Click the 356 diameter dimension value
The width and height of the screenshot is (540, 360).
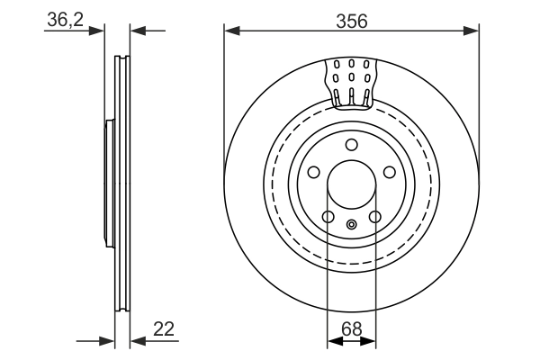point(351,20)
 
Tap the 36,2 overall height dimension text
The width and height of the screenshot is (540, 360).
point(64,20)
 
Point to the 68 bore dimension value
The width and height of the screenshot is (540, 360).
point(351,329)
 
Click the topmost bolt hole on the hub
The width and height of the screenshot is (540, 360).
point(351,146)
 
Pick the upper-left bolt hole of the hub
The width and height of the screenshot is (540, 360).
point(313,173)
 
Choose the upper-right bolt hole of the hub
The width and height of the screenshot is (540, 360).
point(389,173)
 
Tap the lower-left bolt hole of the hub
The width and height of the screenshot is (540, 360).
point(328,216)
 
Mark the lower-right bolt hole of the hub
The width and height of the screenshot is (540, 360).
point(374,216)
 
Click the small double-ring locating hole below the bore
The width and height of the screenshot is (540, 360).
point(351,224)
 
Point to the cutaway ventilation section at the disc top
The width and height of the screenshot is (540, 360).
point(351,81)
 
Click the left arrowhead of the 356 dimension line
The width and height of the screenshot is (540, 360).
point(230,31)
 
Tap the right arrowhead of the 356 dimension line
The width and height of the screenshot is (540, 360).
point(472,31)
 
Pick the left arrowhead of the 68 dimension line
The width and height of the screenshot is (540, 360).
point(333,341)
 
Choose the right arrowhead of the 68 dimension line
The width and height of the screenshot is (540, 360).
point(369,341)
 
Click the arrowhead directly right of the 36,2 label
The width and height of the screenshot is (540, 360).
point(100,31)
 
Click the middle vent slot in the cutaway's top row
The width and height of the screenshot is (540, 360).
point(351,65)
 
